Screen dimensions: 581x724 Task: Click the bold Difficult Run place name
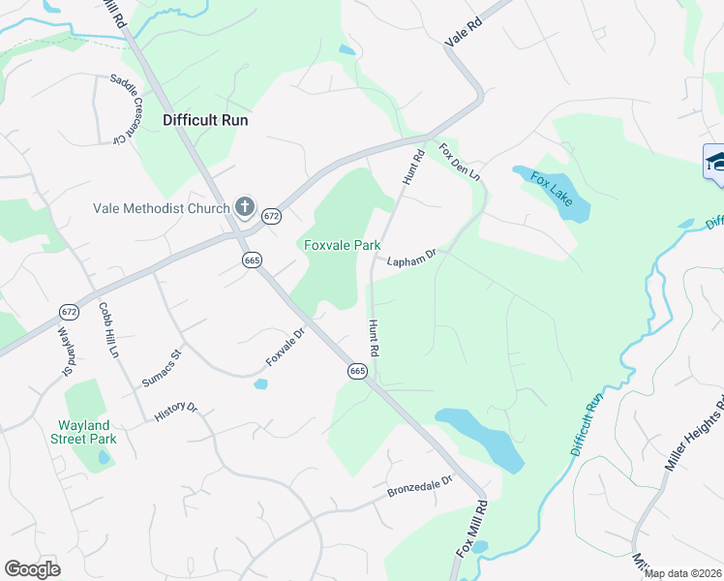click(205, 121)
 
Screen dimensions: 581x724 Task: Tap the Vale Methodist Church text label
click(162, 208)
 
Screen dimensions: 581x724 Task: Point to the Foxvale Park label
click(342, 246)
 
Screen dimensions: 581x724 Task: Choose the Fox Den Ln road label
click(460, 163)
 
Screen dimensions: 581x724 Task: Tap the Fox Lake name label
click(551, 192)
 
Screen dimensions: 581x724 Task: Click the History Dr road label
click(175, 411)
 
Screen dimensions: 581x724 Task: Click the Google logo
click(32, 569)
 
